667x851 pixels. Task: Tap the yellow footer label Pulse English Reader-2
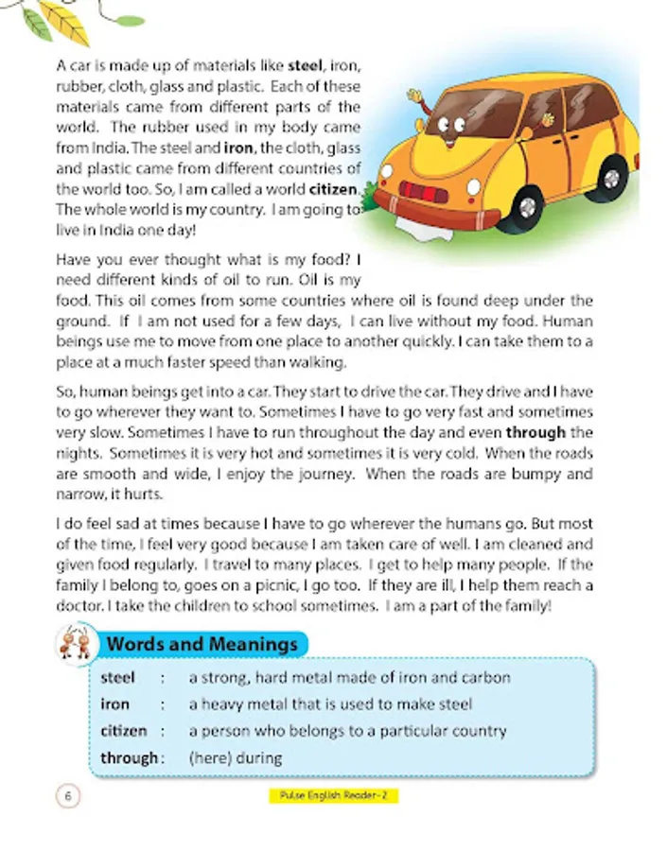coord(333,796)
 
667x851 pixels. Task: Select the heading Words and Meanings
coord(202,644)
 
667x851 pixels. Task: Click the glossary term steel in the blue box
coord(118,677)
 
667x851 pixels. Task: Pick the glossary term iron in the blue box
coord(115,703)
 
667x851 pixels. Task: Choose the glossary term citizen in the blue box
coord(124,730)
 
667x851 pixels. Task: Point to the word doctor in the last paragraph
coord(81,606)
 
